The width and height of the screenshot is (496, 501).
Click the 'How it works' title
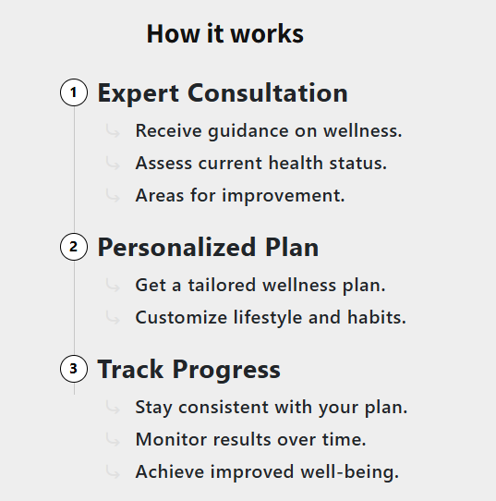point(225,33)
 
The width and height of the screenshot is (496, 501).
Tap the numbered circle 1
point(74,92)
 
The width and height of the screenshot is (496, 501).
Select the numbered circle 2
point(74,247)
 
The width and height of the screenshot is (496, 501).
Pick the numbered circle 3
point(74,369)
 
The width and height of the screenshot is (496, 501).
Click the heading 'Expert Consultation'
point(223,93)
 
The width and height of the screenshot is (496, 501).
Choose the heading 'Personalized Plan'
point(208,248)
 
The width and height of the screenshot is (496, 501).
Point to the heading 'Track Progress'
point(189,370)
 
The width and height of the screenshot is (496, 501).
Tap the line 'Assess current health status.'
point(261,164)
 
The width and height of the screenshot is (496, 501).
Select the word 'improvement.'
point(284,196)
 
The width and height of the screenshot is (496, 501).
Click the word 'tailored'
point(222,285)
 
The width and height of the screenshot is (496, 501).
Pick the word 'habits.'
point(377,317)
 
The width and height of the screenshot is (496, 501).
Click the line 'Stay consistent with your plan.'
point(272,408)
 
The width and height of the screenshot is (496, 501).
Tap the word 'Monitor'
point(171,440)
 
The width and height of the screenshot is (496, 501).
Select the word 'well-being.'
point(350,472)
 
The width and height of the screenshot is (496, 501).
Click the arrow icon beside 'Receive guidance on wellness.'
point(113,130)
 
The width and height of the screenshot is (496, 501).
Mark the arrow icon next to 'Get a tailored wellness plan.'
point(113,285)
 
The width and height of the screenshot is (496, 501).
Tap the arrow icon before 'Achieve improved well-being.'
point(113,471)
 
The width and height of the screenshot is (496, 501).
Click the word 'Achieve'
point(170,472)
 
